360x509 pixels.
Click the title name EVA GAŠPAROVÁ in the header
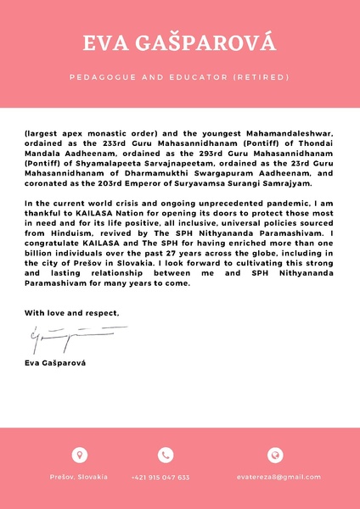click(x=179, y=43)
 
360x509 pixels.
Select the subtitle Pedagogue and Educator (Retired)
click(x=179, y=77)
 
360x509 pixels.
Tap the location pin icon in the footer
click(x=79, y=455)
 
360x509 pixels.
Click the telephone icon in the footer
click(x=166, y=455)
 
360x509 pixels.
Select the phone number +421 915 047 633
click(x=160, y=478)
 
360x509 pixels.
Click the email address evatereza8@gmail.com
click(x=274, y=478)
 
